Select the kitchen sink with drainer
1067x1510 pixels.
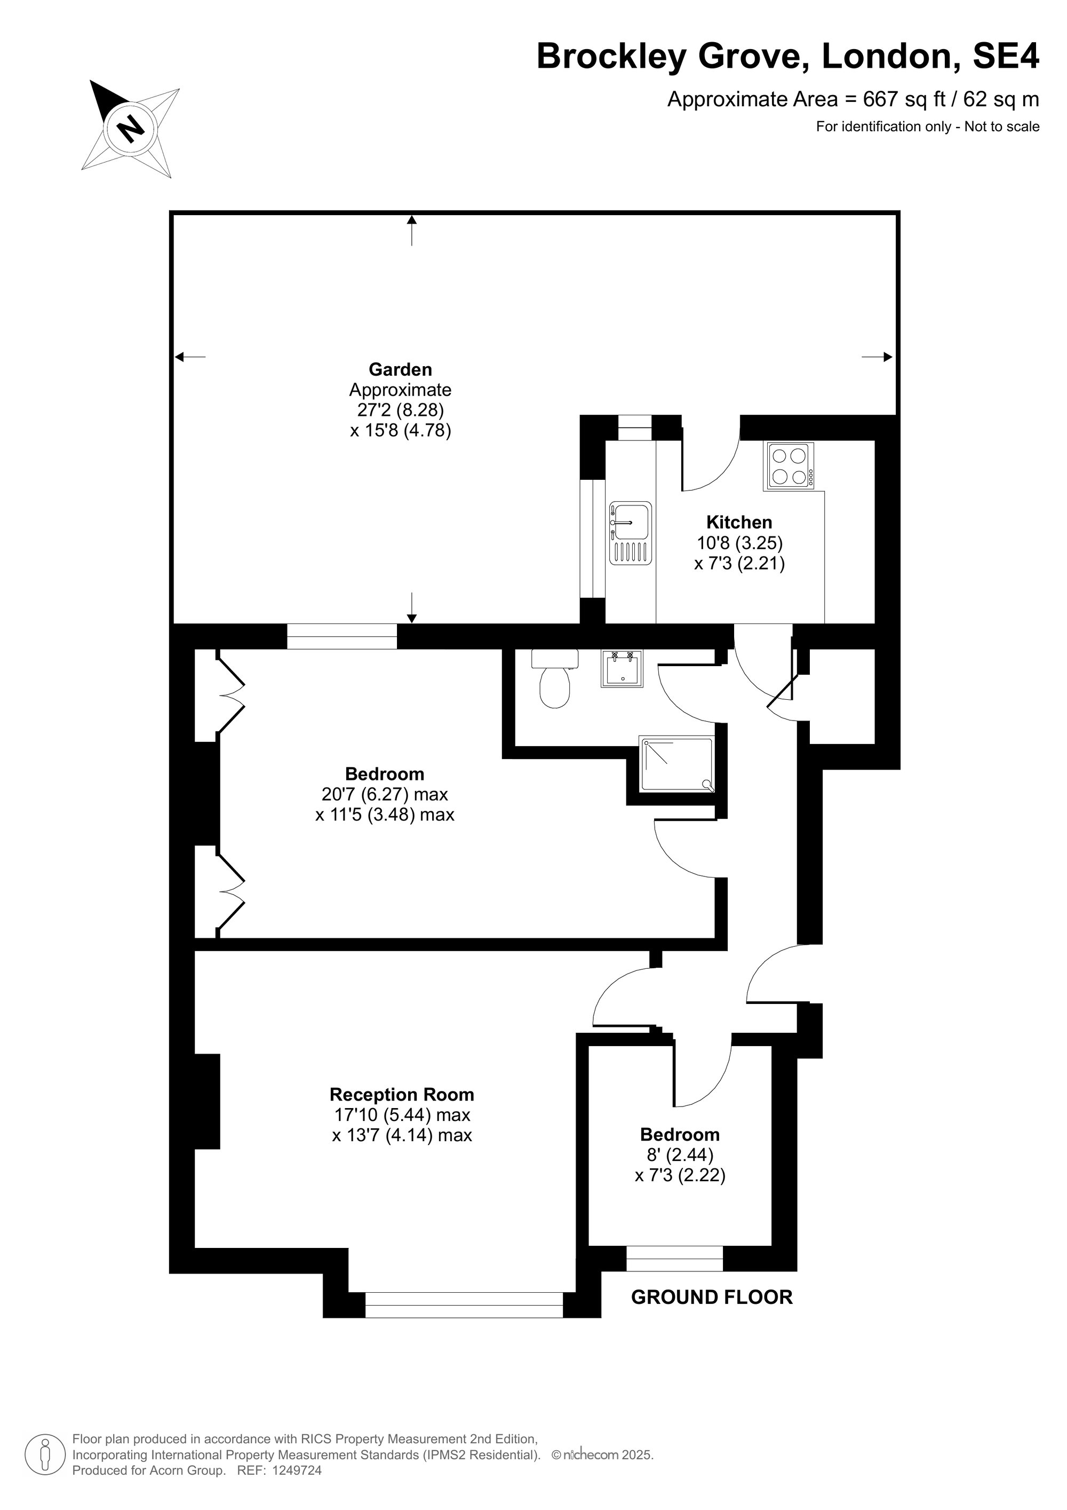coord(631,533)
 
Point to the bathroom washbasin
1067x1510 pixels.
coord(622,668)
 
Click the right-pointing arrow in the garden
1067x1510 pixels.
coord(877,357)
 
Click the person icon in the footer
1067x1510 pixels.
coord(45,1455)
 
